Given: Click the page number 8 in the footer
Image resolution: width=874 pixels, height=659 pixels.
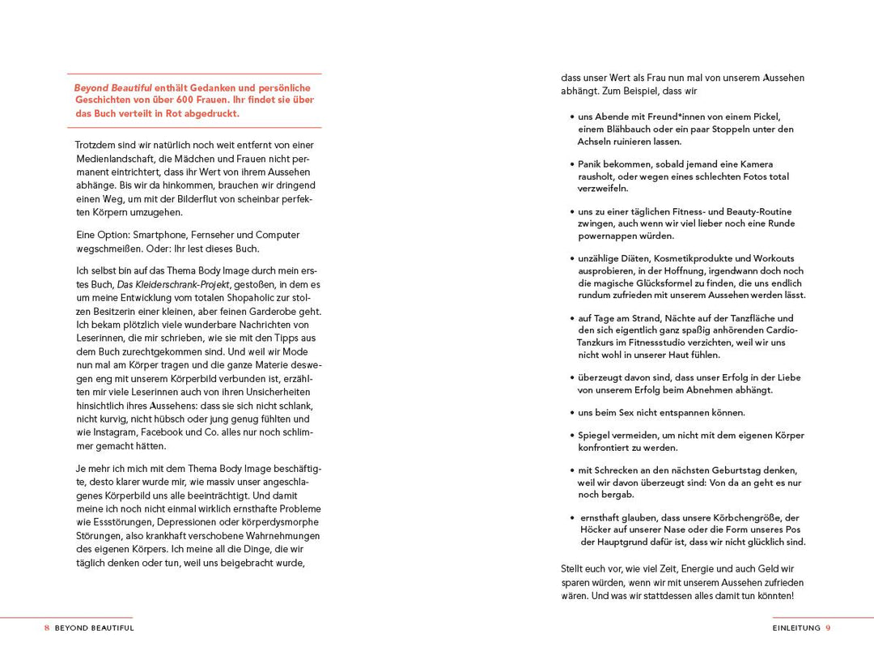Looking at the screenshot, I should (x=47, y=627).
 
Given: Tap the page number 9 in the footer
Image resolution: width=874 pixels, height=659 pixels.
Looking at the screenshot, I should (x=828, y=627).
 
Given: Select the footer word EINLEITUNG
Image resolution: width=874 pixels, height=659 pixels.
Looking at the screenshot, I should (x=796, y=627).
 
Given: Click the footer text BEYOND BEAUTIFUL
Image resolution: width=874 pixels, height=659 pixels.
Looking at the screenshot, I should (x=95, y=627).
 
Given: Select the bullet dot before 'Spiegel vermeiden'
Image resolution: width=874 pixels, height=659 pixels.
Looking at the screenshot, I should (x=572, y=436).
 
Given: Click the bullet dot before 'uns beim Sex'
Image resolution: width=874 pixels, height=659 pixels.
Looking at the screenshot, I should (x=572, y=413).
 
